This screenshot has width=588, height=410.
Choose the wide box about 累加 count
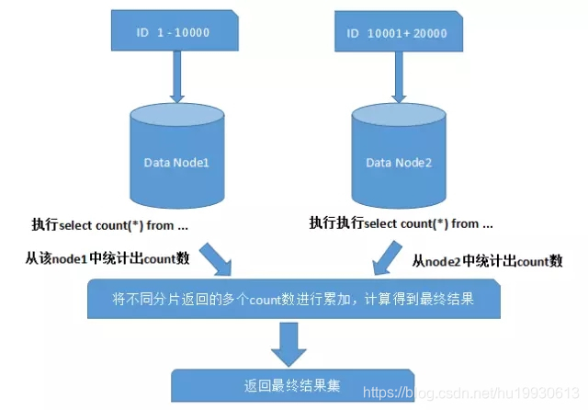293,300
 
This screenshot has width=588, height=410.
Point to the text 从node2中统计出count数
487,261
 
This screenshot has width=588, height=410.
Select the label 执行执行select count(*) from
401,223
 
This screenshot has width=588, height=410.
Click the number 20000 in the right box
428,34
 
